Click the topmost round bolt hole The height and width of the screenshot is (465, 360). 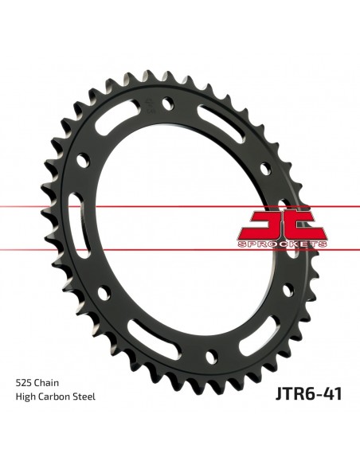[x=168, y=104]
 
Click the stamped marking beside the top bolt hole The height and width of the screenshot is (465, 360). [x=148, y=104]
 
